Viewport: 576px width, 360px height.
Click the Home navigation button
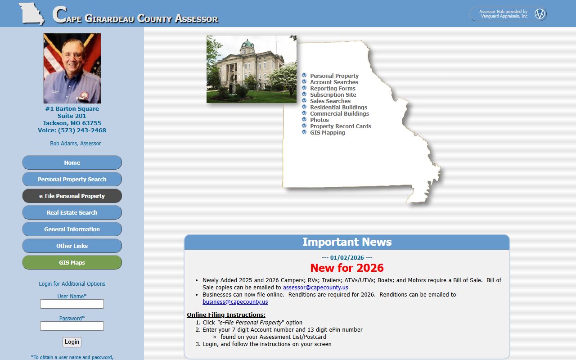[72, 162]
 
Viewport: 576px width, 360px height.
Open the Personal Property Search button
[72, 179]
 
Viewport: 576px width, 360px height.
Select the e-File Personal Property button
[72, 196]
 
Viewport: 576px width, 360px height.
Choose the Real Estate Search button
[72, 212]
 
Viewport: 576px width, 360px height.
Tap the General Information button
[72, 229]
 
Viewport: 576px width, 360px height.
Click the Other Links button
[72, 246]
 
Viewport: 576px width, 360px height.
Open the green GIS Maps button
[72, 262]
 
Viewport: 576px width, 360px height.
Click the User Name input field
[72, 304]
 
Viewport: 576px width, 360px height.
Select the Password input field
[72, 326]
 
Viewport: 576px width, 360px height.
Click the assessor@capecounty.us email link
[315, 288]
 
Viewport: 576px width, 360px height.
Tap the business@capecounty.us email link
[235, 302]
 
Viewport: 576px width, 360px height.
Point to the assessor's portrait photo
[72, 68]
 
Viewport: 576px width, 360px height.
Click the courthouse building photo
[251, 69]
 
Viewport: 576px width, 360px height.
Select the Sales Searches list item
[330, 101]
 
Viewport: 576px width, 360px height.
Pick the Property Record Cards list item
[341, 126]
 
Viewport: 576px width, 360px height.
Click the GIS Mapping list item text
[328, 133]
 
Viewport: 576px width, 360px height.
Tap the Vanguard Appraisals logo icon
[540, 14]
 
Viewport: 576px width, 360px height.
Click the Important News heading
[347, 242]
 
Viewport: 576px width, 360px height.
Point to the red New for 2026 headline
[347, 268]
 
